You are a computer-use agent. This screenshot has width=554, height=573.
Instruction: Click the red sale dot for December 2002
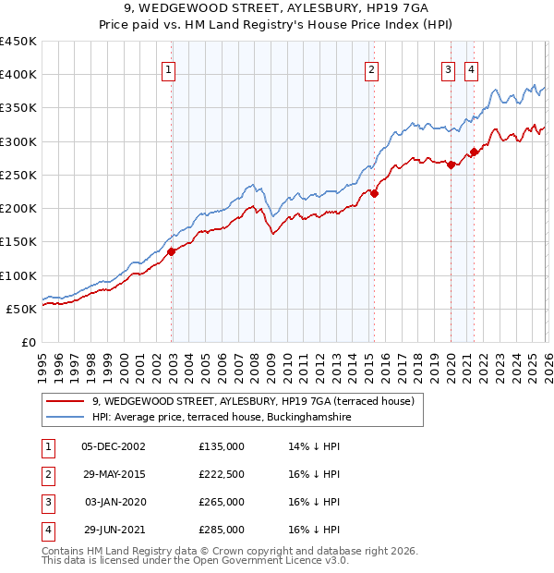pyautogui.click(x=172, y=251)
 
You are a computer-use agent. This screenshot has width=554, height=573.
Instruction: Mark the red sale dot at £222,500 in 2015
pyautogui.click(x=375, y=193)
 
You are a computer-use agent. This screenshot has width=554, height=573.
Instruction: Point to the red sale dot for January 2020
pyautogui.click(x=451, y=165)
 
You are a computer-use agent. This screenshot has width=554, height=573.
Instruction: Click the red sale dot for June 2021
pyautogui.click(x=475, y=152)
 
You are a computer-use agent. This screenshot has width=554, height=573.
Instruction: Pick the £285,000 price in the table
pyautogui.click(x=222, y=530)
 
